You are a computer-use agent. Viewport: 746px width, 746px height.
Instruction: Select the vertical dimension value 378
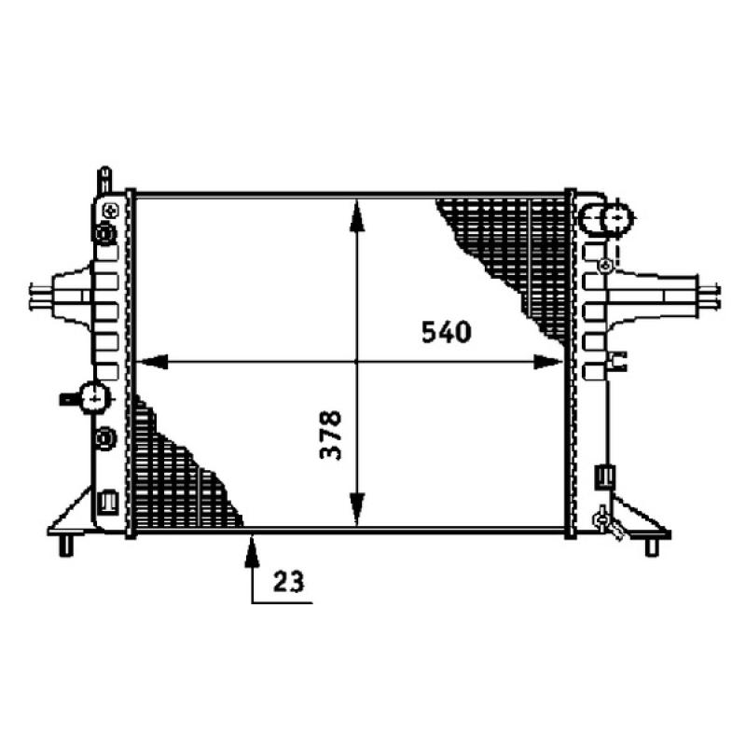[x=331, y=435]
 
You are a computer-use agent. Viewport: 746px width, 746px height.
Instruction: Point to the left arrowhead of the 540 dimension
[x=149, y=362]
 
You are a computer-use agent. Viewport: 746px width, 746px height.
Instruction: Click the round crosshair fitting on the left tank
[x=95, y=398]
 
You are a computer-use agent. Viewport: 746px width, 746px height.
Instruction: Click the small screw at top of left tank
[x=109, y=207]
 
